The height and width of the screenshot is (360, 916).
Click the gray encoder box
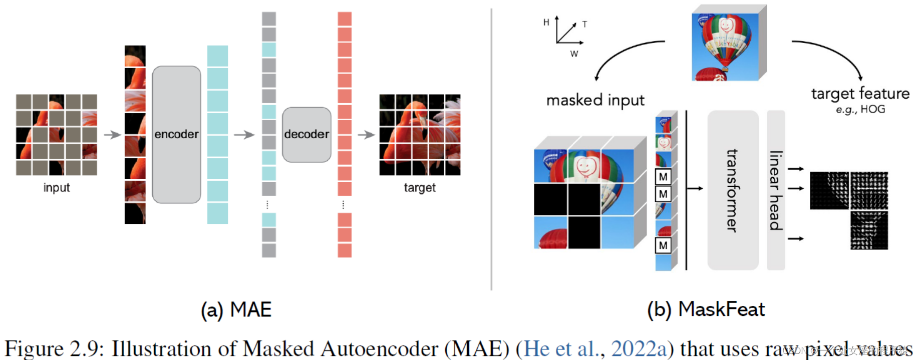pyautogui.click(x=176, y=134)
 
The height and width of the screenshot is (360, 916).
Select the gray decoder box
pyautogui.click(x=307, y=134)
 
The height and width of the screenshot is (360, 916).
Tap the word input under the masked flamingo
pyautogui.click(x=56, y=188)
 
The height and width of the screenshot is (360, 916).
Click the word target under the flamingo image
pyautogui.click(x=420, y=188)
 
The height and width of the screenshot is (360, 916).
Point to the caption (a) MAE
pyautogui.click(x=236, y=310)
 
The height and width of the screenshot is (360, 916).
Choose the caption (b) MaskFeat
pyautogui.click(x=706, y=309)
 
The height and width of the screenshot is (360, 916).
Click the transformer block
pyautogui.click(x=732, y=190)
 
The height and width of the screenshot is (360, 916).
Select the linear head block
pyautogui.click(x=775, y=190)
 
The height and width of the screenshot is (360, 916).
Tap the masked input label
pyautogui.click(x=595, y=100)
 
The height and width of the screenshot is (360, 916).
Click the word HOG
pyautogui.click(x=873, y=109)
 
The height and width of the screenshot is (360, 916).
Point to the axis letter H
pyautogui.click(x=546, y=22)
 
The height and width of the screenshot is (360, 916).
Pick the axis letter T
pyautogui.click(x=584, y=24)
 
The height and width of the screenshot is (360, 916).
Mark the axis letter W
pyautogui.click(x=574, y=54)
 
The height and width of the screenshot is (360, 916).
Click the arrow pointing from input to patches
pyautogui.click(x=112, y=135)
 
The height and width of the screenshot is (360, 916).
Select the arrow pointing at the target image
pyautogui.click(x=367, y=135)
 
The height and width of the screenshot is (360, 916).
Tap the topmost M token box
pyautogui.click(x=663, y=177)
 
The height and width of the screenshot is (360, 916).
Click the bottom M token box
pyautogui.click(x=663, y=245)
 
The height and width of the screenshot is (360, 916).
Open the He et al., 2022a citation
pyautogui.click(x=595, y=348)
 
